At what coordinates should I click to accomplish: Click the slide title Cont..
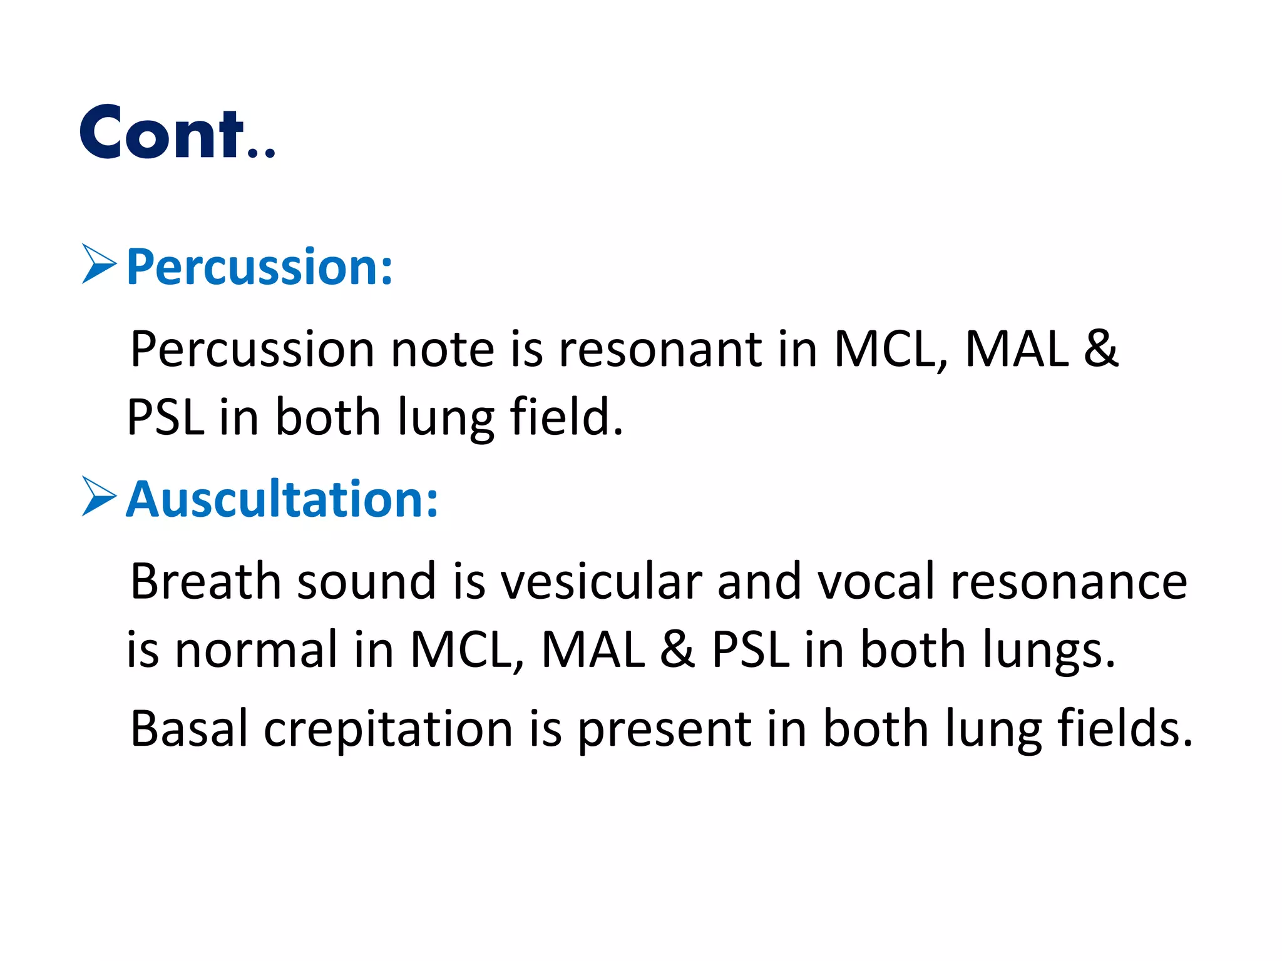[x=177, y=133]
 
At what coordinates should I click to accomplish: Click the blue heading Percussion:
[x=260, y=267]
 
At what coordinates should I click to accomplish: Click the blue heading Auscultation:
[x=282, y=499]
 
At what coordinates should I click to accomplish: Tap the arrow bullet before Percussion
[x=99, y=265]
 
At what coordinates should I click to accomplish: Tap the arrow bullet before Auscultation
[x=99, y=497]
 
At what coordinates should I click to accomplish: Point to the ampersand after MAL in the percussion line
[x=1100, y=348]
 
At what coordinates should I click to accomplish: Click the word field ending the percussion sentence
[x=567, y=417]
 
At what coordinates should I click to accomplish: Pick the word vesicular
[x=601, y=581]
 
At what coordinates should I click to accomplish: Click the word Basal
[x=188, y=729]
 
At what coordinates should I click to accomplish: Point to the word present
[x=663, y=730]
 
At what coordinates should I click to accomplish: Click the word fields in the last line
[x=1124, y=729]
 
